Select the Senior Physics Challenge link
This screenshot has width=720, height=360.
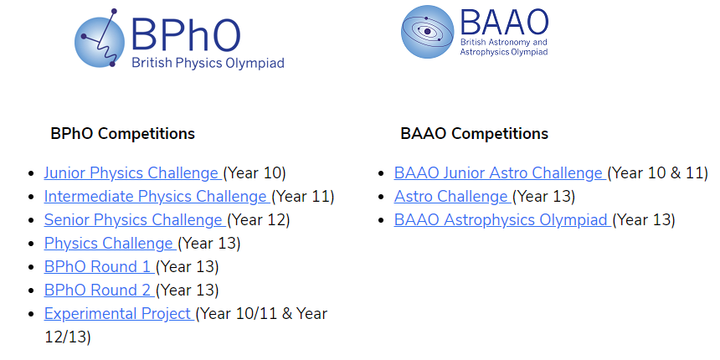[x=135, y=220]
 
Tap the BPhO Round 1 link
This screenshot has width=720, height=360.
[x=99, y=267]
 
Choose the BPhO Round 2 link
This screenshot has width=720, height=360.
[x=99, y=291]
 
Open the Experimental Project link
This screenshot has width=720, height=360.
[x=119, y=314]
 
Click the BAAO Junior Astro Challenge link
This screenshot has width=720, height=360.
[x=500, y=173]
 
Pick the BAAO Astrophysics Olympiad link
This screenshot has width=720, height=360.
[x=502, y=220]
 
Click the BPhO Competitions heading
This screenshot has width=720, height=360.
[x=122, y=134]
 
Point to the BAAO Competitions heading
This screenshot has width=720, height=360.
[x=475, y=134]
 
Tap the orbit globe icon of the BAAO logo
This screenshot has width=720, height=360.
[x=428, y=32]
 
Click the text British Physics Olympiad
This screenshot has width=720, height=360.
[x=208, y=63]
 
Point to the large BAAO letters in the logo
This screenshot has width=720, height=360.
[x=505, y=22]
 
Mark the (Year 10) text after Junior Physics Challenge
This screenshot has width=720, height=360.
[x=255, y=173]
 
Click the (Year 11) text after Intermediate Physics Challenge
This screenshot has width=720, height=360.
[x=302, y=197]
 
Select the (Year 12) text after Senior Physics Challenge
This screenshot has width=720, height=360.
[x=258, y=220]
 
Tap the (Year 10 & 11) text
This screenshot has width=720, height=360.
[x=657, y=173]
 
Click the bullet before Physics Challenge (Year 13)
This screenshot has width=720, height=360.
[x=31, y=244]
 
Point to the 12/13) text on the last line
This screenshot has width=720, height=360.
[x=68, y=337]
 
